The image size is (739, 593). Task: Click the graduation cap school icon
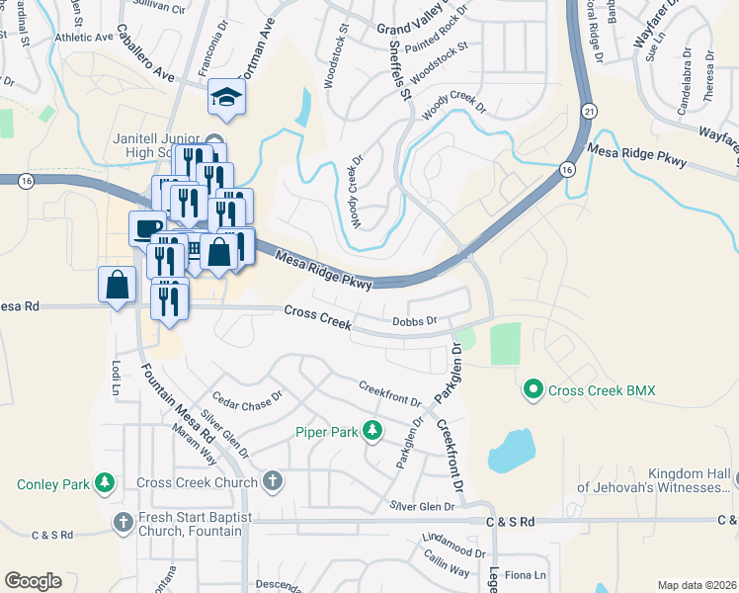226,97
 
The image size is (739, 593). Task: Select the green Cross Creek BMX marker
534,391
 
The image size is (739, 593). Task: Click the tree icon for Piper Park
372,430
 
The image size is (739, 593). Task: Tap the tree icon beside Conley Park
104,483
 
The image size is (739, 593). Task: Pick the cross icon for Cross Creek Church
273,482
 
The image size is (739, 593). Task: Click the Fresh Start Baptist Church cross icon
123,522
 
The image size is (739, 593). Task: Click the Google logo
33,581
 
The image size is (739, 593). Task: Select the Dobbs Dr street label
414,321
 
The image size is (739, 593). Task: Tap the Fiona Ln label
526,575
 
